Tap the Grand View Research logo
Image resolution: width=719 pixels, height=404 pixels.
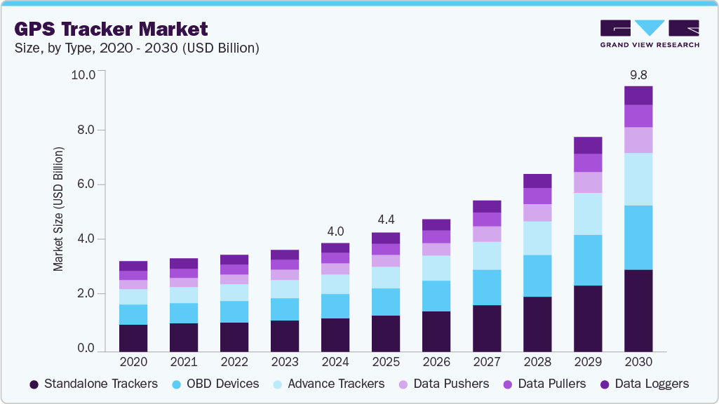650,34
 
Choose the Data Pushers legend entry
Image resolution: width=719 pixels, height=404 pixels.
444,384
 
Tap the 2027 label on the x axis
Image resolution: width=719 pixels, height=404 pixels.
487,362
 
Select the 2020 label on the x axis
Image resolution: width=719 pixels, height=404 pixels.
133,362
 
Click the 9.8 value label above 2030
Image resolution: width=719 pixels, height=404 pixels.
638,74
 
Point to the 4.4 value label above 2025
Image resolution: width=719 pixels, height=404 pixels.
386,220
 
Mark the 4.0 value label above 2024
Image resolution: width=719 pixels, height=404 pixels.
335,231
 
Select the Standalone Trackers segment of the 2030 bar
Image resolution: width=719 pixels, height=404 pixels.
638,310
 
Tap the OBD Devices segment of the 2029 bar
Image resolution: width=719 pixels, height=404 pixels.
588,260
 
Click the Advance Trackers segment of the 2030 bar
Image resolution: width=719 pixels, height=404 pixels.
638,179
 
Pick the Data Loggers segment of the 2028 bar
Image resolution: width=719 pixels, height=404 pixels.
537,181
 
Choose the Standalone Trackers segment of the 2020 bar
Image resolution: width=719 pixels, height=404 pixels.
133,337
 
